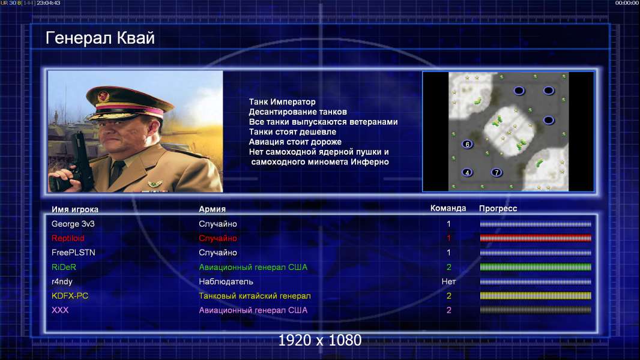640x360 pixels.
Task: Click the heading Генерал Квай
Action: coord(100,38)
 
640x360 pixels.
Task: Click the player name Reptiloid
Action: coord(68,238)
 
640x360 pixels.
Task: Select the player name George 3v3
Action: coord(73,224)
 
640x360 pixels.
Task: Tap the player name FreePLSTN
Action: coord(73,253)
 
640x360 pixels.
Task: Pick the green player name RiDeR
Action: coord(64,267)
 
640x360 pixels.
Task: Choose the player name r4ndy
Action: coord(62,282)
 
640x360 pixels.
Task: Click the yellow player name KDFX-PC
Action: coord(70,296)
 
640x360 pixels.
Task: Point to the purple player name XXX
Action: coord(60,310)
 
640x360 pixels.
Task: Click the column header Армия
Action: coord(213,209)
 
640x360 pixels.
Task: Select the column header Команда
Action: coord(448,208)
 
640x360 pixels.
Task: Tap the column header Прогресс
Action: coord(498,209)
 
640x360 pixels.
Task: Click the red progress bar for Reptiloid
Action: coord(536,238)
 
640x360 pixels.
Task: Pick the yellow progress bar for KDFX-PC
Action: coord(536,296)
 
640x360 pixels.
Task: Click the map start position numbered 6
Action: coord(467,145)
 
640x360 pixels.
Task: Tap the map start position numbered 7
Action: coord(497,172)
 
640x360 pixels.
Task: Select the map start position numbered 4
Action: coord(467,172)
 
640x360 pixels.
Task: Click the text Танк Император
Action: coord(282,102)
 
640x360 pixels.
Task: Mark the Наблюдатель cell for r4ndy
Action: coord(226,282)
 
